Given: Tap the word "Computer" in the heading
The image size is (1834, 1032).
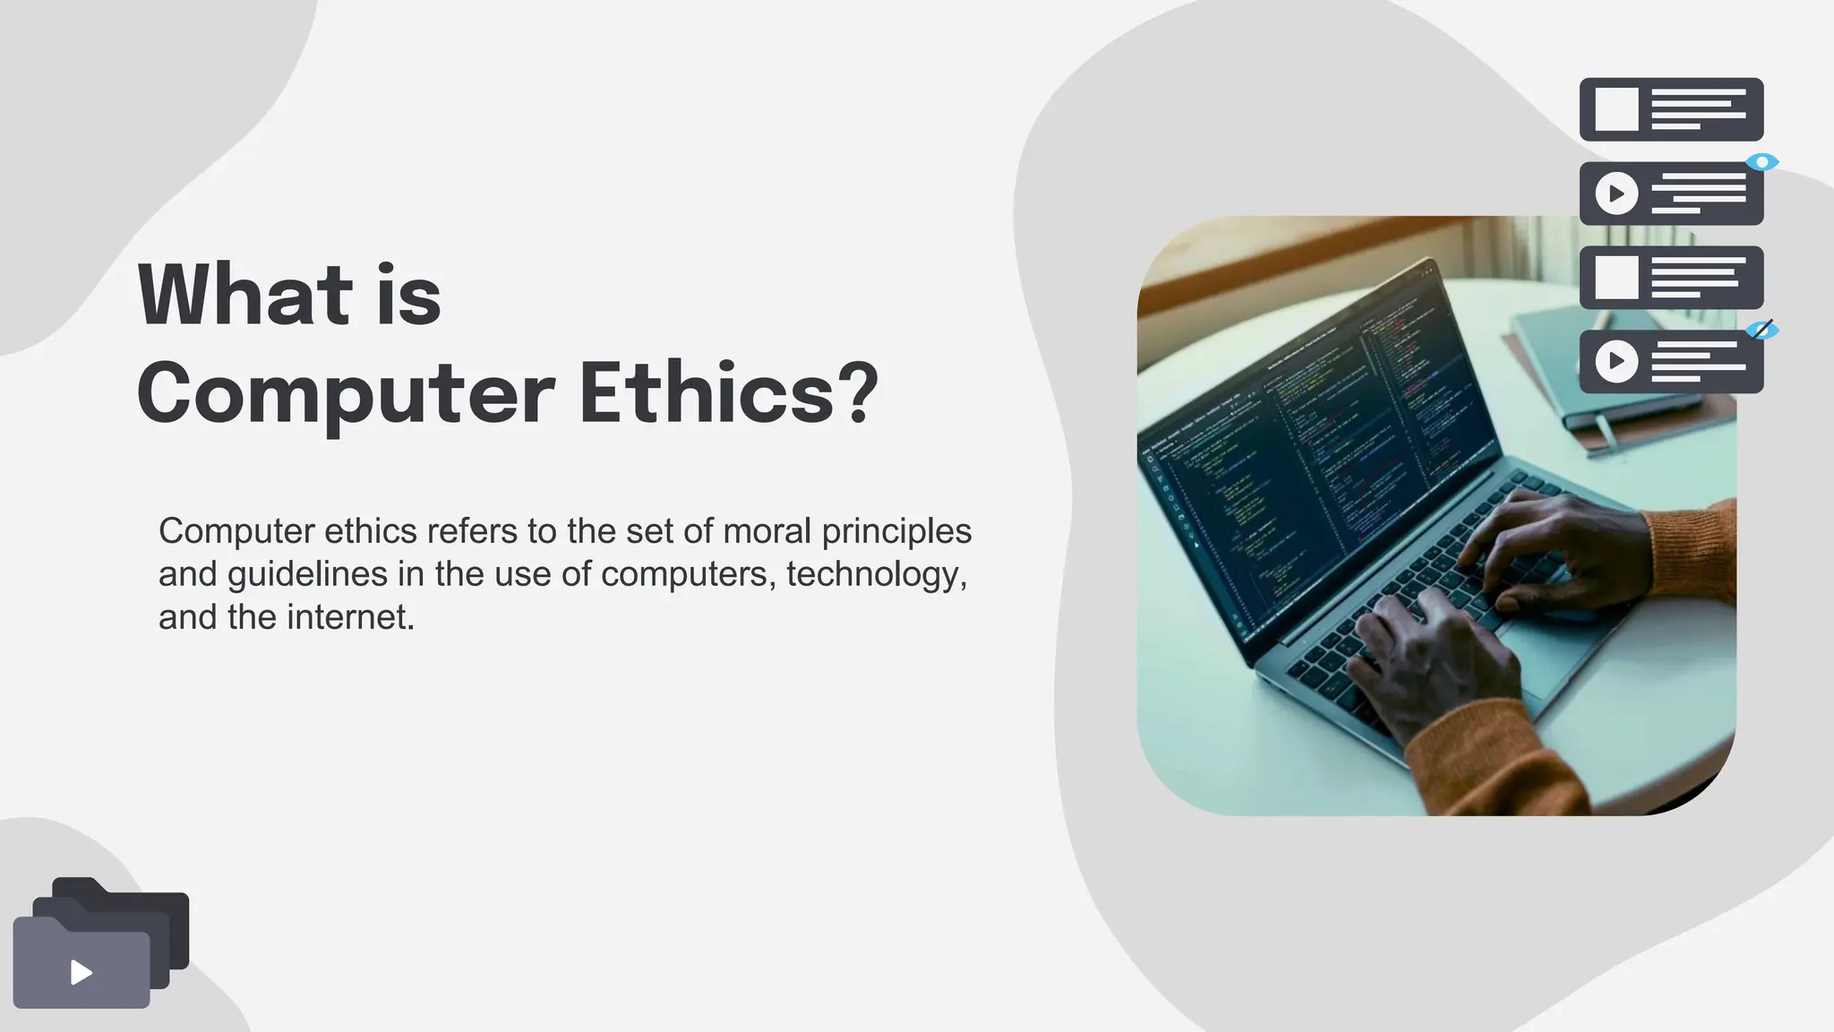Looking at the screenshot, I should (346, 394).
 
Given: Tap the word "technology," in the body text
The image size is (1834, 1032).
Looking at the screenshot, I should (877, 575).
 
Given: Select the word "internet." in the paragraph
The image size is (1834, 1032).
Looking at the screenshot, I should (350, 617).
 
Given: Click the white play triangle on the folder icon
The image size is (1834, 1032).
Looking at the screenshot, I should (81, 973).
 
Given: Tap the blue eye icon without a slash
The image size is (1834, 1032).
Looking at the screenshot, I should (1762, 162).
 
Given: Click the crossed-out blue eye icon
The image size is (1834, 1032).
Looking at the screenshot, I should (1762, 331).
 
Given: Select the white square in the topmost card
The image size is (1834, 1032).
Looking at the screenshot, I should (1616, 109).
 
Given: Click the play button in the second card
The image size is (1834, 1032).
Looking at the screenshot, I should (1616, 193).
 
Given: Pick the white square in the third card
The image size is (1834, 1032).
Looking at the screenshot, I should (1616, 278).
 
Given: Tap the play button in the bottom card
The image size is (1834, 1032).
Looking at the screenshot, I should (1616, 361).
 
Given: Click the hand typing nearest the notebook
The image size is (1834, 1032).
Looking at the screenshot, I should (1558, 546).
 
